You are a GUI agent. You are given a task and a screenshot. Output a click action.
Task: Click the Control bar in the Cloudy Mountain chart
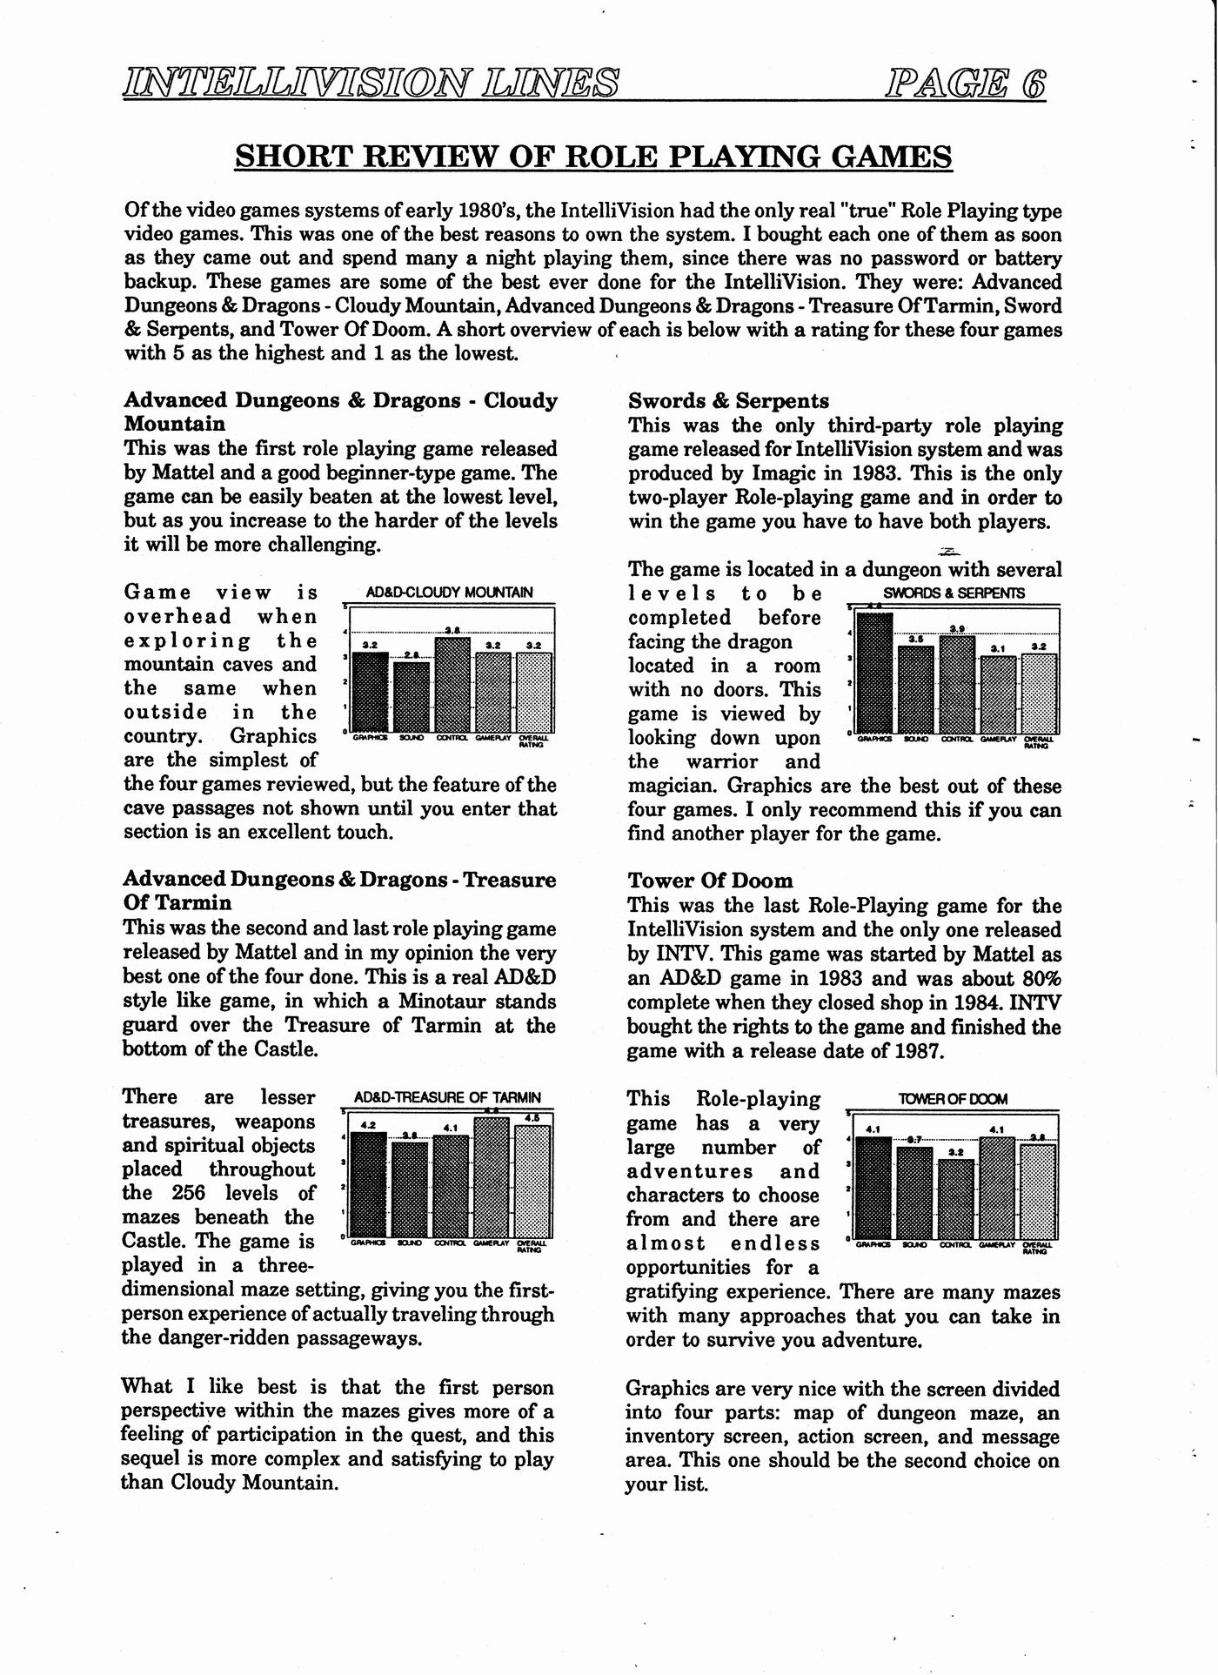[452, 686]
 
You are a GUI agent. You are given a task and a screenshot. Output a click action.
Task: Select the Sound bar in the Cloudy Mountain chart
[412, 697]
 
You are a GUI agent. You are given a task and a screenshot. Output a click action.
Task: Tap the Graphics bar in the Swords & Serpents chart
[874, 673]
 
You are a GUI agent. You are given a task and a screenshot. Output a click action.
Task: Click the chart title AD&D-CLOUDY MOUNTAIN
[449, 593]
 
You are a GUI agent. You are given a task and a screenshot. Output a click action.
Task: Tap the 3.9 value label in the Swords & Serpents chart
[957, 628]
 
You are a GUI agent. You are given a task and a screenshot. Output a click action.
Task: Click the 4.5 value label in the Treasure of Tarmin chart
[532, 1118]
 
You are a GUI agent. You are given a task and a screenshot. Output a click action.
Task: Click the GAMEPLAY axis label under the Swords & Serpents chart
[997, 739]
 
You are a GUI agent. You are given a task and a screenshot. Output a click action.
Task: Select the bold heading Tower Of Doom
[710, 881]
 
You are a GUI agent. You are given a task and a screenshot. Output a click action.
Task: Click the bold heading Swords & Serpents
[728, 401]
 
